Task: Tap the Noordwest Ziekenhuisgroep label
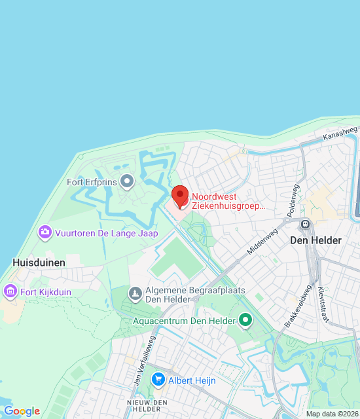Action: [x=228, y=201]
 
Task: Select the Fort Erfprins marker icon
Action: [x=128, y=180]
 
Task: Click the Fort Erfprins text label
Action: [x=92, y=181]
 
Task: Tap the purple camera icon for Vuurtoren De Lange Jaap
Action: [x=45, y=232]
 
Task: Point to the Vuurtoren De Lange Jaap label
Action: [x=106, y=233]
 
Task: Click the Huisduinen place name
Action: [x=39, y=262]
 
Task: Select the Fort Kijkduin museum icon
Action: [x=10, y=290]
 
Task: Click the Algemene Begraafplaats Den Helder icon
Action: [x=135, y=292]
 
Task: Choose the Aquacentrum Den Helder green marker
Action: [x=245, y=320]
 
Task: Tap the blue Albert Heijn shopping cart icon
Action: [x=158, y=380]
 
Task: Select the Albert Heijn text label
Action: [x=191, y=380]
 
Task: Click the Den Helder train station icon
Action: [x=305, y=224]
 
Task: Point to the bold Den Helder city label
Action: [x=316, y=240]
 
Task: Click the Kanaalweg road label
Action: [x=340, y=134]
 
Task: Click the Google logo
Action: [x=22, y=411]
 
